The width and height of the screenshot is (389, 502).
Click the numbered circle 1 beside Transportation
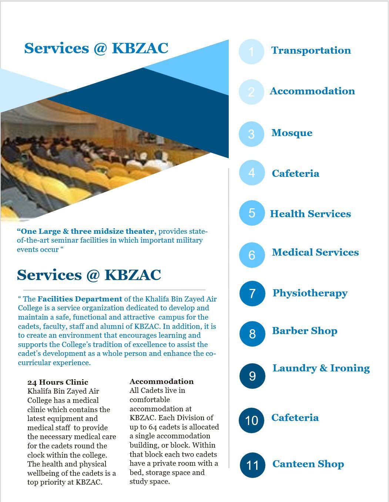[251, 52]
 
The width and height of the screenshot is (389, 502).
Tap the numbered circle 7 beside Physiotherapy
[252, 294]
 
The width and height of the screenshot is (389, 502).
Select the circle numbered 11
[252, 465]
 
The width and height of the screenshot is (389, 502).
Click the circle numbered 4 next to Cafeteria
[252, 173]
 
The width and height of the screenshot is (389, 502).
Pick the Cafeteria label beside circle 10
[295, 418]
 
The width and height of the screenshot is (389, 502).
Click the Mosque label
[292, 133]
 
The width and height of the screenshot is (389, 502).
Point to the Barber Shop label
[305, 331]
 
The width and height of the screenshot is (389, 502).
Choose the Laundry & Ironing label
[321, 368]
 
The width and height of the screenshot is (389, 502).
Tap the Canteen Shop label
[308, 464]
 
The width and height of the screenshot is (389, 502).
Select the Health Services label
[310, 214]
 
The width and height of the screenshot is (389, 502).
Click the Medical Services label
[315, 252]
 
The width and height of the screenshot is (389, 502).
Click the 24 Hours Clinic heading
[58, 382]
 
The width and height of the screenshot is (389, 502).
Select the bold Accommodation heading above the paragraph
[161, 381]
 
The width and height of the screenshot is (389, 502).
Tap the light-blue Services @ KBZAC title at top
[96, 48]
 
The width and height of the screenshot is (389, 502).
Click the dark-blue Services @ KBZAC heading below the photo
[89, 275]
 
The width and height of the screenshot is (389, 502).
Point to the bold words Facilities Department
[80, 299]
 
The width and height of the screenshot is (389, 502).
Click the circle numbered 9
[252, 376]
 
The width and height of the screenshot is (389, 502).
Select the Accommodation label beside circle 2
[312, 91]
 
